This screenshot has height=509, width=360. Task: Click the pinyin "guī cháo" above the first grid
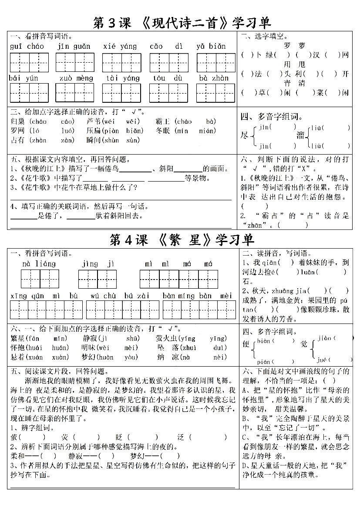point(25,46)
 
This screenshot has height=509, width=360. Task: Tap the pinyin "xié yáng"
point(120,46)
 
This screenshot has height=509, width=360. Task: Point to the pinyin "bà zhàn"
point(214,78)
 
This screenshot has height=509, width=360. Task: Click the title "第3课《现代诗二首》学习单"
point(182,23)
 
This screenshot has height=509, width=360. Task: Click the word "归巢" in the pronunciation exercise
point(19,121)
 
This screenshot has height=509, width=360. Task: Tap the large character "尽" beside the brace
point(245,136)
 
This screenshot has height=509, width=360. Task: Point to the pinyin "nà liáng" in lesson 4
point(39,264)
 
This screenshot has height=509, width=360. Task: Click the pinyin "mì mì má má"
point(179,264)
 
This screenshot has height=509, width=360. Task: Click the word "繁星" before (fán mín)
point(18,338)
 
